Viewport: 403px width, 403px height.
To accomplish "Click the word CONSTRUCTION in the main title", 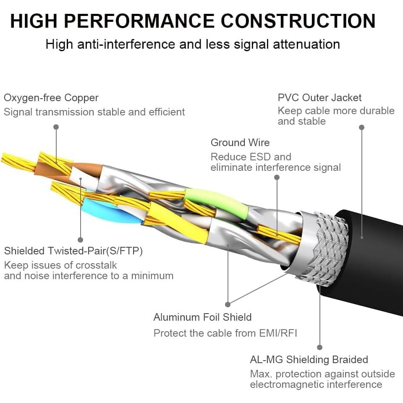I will coord(298,21).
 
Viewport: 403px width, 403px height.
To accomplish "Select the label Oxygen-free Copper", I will coord(51,98).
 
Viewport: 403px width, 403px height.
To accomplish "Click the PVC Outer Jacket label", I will coord(319,98).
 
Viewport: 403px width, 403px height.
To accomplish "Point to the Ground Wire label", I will coord(240,143).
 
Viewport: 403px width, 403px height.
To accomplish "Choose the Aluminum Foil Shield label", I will coord(202,317).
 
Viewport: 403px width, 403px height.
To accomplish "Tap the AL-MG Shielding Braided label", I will coord(309,360).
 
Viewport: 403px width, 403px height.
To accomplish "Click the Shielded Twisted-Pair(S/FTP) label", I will coord(73,251).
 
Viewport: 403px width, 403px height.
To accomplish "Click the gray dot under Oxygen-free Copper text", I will coord(56,127).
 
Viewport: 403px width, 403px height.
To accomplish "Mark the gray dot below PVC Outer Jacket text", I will coord(361,127).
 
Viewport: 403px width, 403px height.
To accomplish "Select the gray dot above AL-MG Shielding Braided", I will coord(319,347).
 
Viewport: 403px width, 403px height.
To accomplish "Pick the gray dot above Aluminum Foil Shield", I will coord(228,304).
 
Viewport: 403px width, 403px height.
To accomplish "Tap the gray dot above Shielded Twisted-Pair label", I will coord(80,239).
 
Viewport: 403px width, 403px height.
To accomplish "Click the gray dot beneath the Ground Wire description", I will coord(277,177).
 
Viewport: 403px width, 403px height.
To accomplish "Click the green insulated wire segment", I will coord(214,200).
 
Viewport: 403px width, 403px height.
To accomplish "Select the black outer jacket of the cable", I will coord(374,260).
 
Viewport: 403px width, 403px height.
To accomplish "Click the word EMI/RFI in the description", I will coord(278,333).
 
